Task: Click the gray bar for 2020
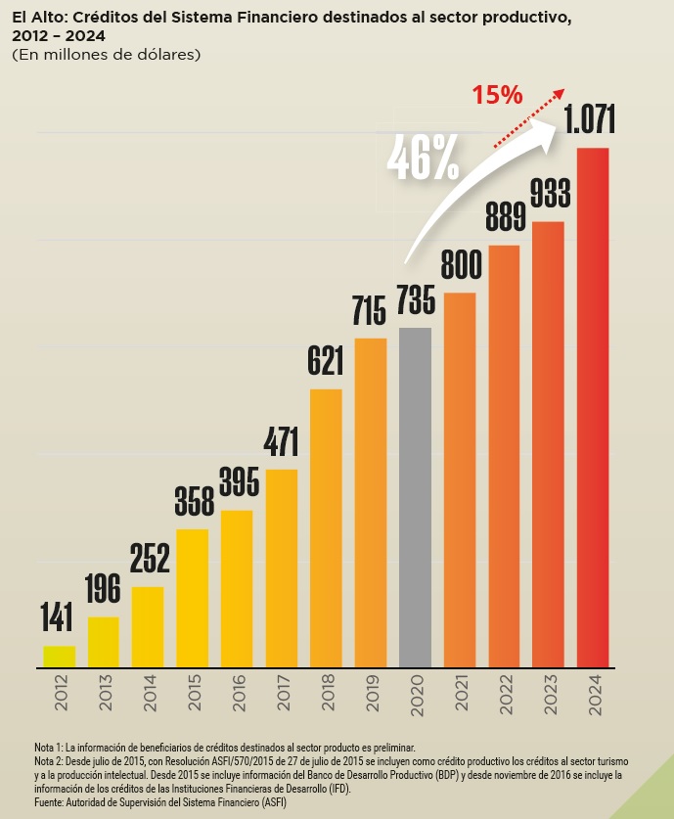(415, 497)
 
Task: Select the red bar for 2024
(593, 407)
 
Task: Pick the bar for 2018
(326, 528)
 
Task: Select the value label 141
(58, 619)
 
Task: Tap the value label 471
(282, 443)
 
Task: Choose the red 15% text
(497, 95)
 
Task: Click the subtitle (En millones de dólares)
(107, 55)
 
